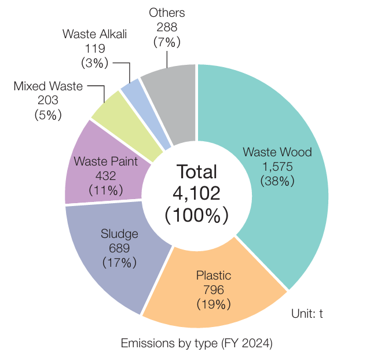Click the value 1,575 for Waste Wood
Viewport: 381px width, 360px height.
pyautogui.click(x=277, y=167)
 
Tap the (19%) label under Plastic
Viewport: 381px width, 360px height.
pyautogui.click(x=214, y=303)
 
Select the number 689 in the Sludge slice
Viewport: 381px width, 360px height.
pyautogui.click(x=119, y=248)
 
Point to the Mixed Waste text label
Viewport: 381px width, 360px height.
pyautogui.click(x=47, y=86)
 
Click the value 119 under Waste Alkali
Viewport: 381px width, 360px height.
pyautogui.click(x=94, y=46)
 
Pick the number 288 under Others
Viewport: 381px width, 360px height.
pyautogui.click(x=167, y=27)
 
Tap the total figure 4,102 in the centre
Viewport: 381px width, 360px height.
pyautogui.click(x=196, y=192)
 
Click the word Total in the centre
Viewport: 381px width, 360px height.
pyautogui.click(x=196, y=171)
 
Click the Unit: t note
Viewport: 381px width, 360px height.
pyautogui.click(x=306, y=314)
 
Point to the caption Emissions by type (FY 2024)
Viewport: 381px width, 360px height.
pyautogui.click(x=196, y=343)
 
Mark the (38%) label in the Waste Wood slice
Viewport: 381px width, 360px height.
pyautogui.click(x=277, y=181)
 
